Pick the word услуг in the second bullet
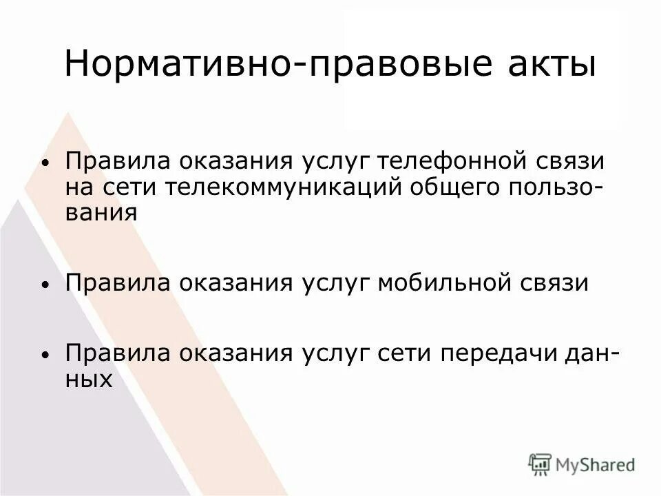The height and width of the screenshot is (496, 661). pos(335,284)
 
